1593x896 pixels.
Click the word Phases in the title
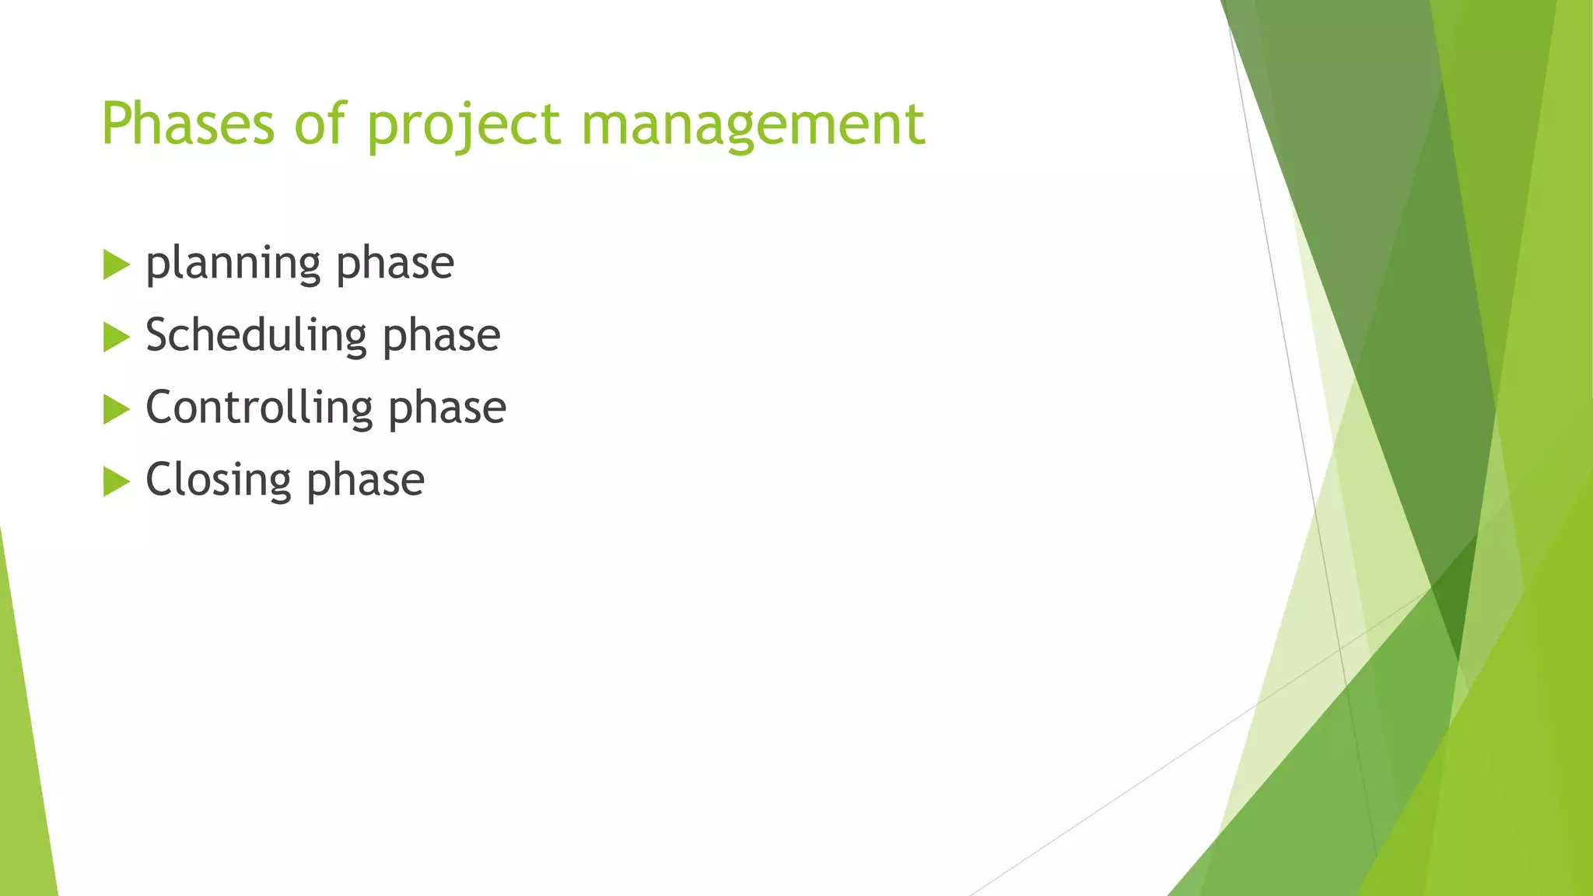tap(187, 124)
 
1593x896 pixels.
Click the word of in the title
tap(320, 124)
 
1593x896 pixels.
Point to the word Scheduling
tap(256, 336)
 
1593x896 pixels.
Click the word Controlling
tap(259, 408)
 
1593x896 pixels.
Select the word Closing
tap(218, 480)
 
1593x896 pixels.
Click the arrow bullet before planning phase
tap(115, 265)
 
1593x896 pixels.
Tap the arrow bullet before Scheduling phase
tap(115, 338)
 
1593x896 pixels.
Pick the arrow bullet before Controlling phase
tap(115, 409)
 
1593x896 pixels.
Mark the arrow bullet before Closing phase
tap(115, 481)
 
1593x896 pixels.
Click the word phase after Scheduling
tap(441, 336)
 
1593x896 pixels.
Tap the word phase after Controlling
tap(446, 408)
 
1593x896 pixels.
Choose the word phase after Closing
tap(365, 480)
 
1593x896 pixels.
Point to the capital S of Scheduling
tap(158, 335)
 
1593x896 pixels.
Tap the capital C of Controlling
tap(160, 408)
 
